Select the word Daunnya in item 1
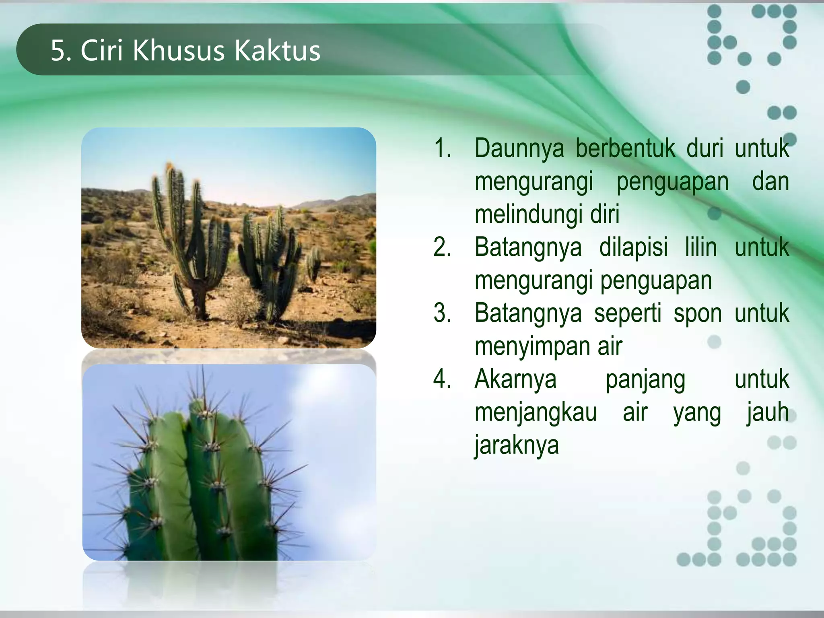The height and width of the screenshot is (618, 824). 519,148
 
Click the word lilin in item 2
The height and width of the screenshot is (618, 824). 700,247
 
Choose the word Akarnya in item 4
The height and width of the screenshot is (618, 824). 515,379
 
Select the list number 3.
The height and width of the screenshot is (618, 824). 442,313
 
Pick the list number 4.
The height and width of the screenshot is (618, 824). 442,379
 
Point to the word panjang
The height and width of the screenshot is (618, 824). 645,380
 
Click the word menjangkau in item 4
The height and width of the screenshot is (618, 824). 536,413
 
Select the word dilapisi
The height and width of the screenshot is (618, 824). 633,247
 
